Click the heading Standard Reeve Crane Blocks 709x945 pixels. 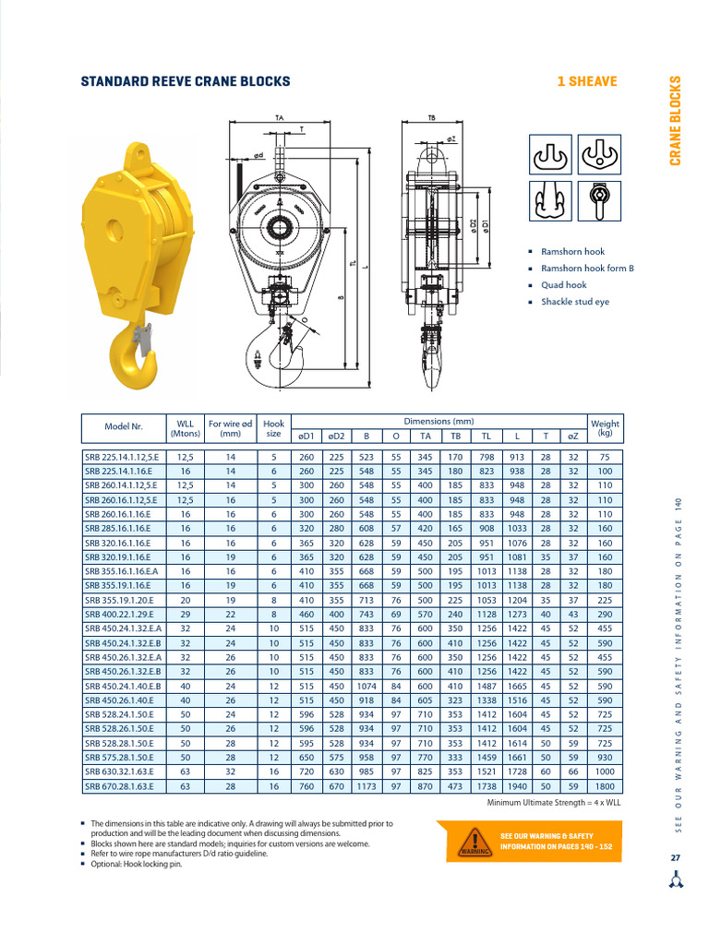point(186,81)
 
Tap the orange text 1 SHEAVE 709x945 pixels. point(587,81)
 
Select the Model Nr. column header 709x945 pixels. point(124,427)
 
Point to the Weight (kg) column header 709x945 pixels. point(605,427)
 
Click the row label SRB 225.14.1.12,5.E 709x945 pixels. point(122,456)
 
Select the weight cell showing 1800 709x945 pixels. point(605,787)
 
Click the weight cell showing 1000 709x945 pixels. point(605,772)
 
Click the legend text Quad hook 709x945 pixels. point(563,285)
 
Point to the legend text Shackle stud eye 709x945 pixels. point(574,302)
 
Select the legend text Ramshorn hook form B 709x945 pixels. point(587,269)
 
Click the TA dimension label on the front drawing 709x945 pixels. point(279,118)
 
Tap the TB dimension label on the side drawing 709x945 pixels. point(432,118)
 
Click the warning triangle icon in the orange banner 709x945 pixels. point(475,842)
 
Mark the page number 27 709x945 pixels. point(676,858)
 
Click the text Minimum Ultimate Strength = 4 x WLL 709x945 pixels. point(554,803)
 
